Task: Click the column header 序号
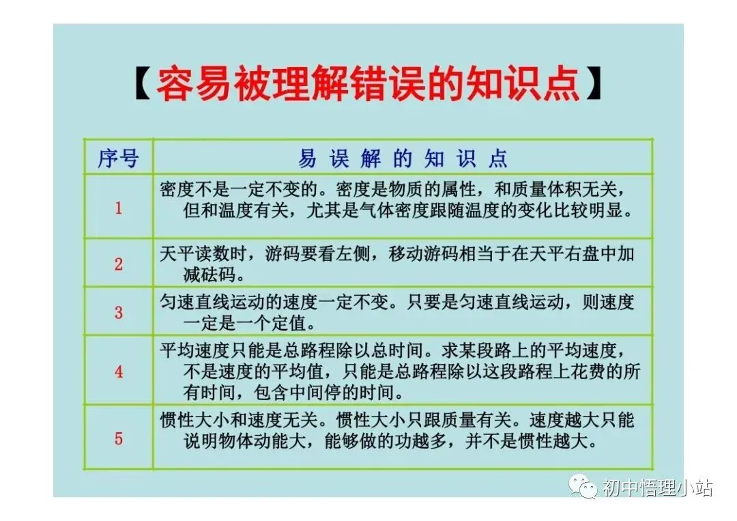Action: click(x=118, y=158)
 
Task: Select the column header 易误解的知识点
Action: click(x=403, y=158)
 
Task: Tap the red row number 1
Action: click(x=118, y=208)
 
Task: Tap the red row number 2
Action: click(x=118, y=264)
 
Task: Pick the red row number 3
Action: click(x=118, y=312)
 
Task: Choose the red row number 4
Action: click(x=118, y=372)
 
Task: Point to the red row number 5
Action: click(x=118, y=438)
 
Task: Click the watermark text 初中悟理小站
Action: click(x=657, y=488)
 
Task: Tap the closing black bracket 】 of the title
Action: click(x=596, y=86)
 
